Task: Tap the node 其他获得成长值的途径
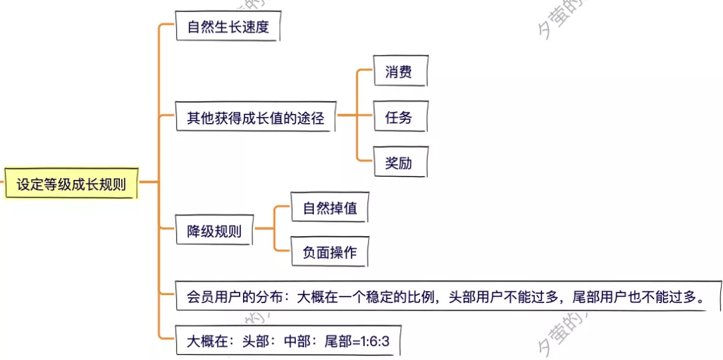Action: [254, 118]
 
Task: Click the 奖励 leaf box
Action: [398, 163]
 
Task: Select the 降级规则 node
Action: [214, 232]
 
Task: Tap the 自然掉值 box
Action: [329, 208]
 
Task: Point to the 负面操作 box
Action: [329, 253]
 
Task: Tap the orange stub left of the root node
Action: [2, 182]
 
